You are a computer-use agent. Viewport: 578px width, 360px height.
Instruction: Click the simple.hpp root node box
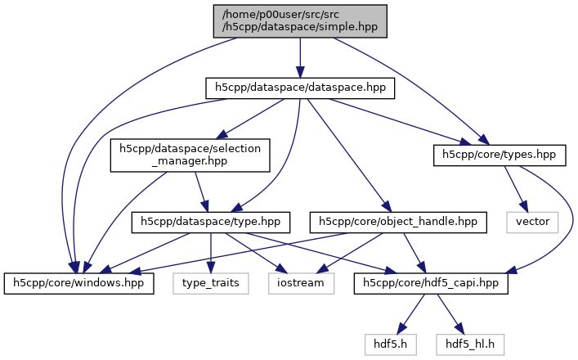[301, 20]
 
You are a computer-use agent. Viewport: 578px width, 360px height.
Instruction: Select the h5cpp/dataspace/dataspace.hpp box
[299, 87]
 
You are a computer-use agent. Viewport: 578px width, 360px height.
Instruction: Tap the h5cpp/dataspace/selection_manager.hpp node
[190, 155]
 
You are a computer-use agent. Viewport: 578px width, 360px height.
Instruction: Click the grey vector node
[531, 221]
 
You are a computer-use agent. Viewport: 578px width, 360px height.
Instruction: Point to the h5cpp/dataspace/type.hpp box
[212, 221]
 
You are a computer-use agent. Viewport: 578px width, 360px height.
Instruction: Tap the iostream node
[301, 283]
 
